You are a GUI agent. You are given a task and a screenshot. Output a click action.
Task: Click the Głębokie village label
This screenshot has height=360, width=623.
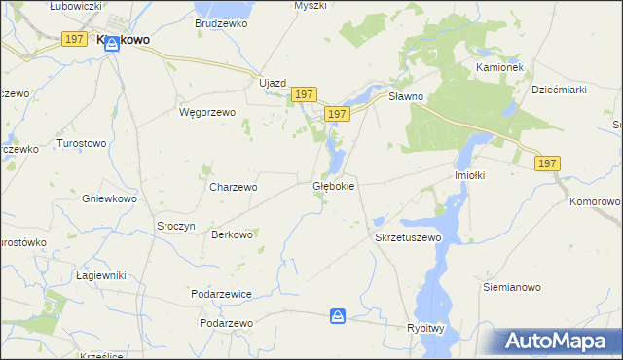pyautogui.click(x=333, y=185)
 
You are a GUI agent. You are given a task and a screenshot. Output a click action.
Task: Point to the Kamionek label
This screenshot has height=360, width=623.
pyautogui.click(x=499, y=67)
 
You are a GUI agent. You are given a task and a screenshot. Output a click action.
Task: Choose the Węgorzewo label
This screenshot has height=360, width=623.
pyautogui.click(x=208, y=112)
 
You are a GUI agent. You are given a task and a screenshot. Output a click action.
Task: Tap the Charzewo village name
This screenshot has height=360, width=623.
pyautogui.click(x=234, y=186)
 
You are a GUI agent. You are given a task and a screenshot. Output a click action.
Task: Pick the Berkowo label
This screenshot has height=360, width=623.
pyautogui.click(x=233, y=234)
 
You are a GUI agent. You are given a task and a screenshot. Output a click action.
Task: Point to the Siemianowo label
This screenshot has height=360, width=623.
pyautogui.click(x=512, y=288)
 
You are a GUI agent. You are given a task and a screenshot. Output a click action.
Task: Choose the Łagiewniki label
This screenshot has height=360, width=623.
pyautogui.click(x=101, y=275)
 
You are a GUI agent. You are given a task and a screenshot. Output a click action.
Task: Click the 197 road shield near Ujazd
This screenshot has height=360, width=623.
pyautogui.click(x=303, y=94)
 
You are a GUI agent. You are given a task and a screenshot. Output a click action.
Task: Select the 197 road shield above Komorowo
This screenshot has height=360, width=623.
pyautogui.click(x=547, y=164)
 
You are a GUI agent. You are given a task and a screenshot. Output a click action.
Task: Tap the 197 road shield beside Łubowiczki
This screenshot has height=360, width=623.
pyautogui.click(x=73, y=38)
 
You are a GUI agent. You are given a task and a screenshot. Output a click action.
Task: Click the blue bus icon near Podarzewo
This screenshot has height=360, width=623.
pyautogui.click(x=337, y=316)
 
